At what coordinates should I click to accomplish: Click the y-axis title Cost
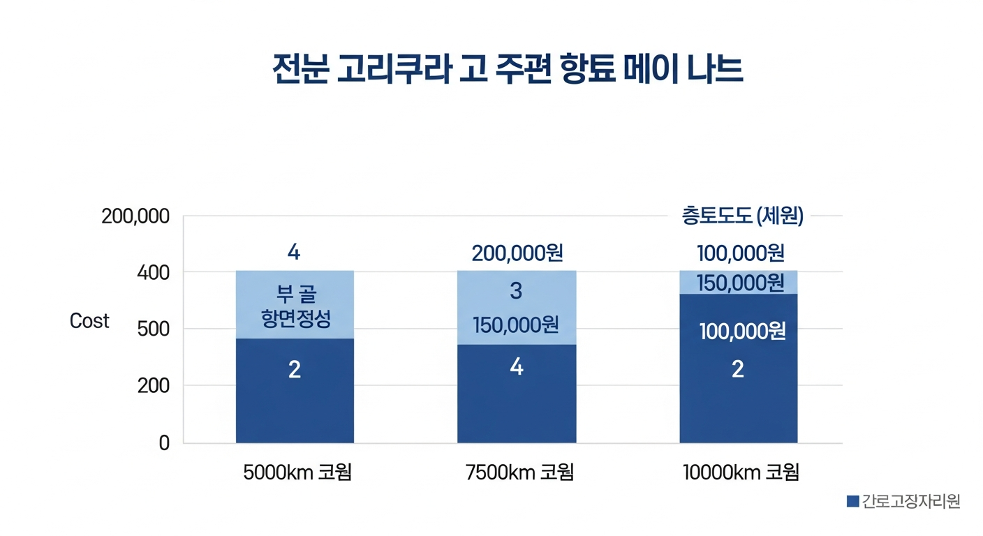(89, 321)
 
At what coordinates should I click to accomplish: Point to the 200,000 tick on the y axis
(135, 216)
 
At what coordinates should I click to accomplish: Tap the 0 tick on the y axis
(164, 443)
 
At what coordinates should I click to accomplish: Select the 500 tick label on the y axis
(154, 329)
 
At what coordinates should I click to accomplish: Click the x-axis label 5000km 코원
(297, 473)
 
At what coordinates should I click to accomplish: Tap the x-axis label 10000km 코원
(741, 473)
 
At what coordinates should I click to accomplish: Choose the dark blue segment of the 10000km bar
(739, 405)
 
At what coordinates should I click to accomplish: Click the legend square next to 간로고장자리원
(852, 501)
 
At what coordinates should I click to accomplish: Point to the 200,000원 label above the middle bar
(517, 253)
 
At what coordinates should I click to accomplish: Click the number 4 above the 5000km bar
(294, 253)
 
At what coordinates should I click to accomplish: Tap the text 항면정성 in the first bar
(295, 320)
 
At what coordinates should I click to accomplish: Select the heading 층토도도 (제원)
(743, 216)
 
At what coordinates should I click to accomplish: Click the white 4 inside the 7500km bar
(517, 367)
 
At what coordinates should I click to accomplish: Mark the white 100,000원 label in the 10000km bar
(743, 332)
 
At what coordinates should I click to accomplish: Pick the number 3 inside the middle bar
(516, 291)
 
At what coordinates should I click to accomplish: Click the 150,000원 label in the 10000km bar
(740, 283)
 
